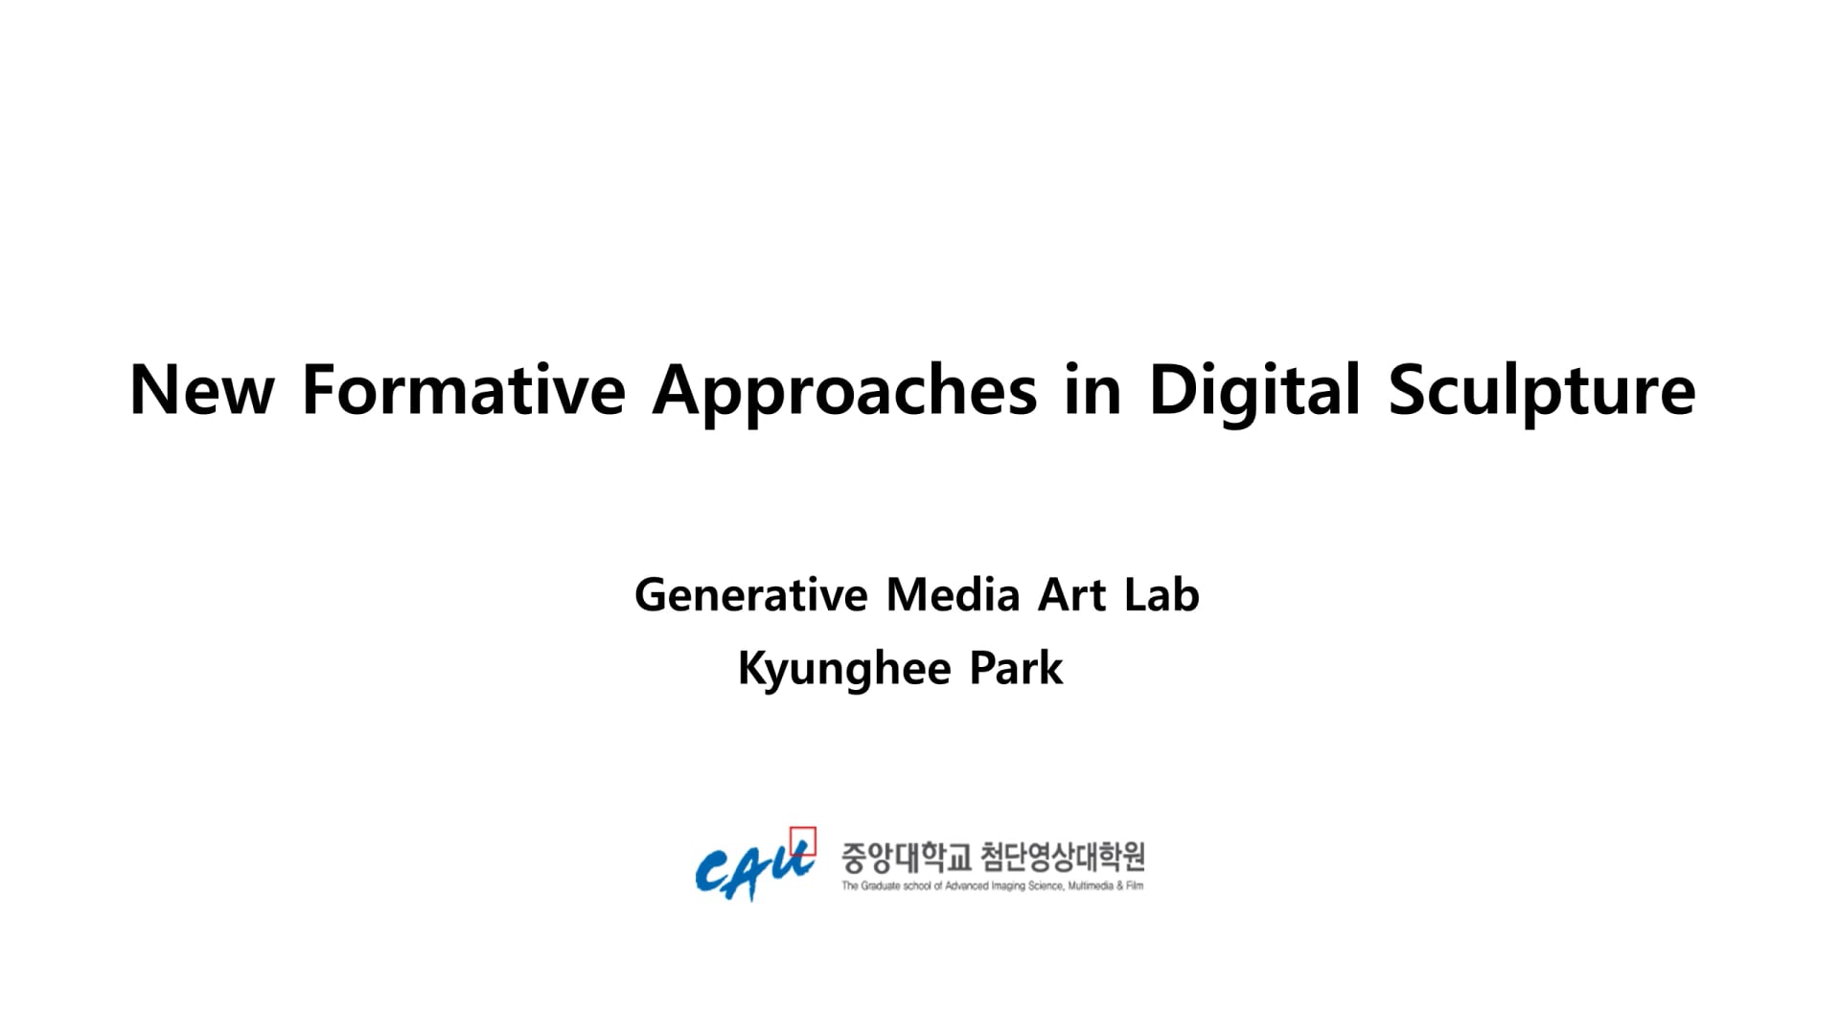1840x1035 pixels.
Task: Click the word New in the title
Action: click(x=202, y=390)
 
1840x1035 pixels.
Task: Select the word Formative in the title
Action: click(x=464, y=390)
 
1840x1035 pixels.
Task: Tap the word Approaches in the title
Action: click(x=844, y=393)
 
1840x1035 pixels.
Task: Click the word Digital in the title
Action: click(x=1254, y=393)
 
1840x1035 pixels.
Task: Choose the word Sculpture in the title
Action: click(x=1542, y=393)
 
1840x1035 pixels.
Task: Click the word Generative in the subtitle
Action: click(x=750, y=594)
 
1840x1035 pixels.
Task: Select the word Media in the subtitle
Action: click(x=953, y=594)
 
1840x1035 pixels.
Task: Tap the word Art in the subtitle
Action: click(x=1072, y=594)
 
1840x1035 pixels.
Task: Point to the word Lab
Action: click(x=1161, y=594)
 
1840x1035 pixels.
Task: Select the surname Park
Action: click(x=1016, y=668)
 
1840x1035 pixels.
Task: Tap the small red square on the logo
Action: click(x=803, y=840)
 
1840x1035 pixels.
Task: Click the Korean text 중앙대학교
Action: click(x=907, y=858)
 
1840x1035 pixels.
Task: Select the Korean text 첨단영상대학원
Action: click(x=1063, y=858)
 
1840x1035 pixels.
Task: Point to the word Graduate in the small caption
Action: click(x=879, y=886)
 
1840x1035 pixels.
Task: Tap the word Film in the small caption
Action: click(x=1134, y=886)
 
